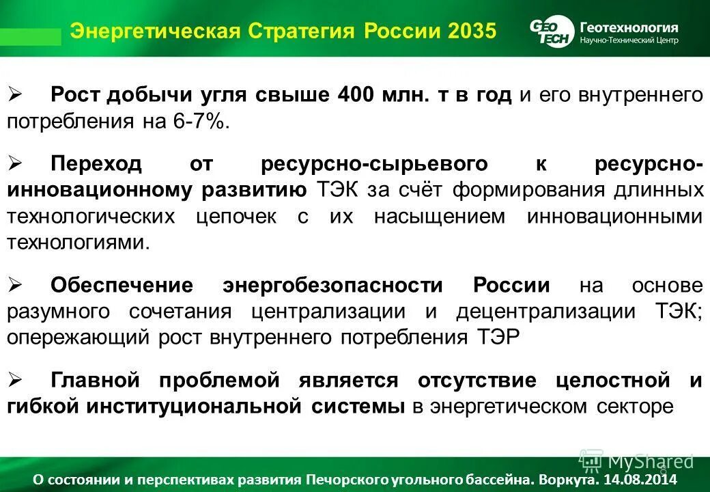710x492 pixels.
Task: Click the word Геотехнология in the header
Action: click(629, 27)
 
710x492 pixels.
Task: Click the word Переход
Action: click(96, 163)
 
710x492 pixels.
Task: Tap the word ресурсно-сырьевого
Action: click(374, 163)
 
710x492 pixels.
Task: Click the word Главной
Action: click(96, 380)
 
